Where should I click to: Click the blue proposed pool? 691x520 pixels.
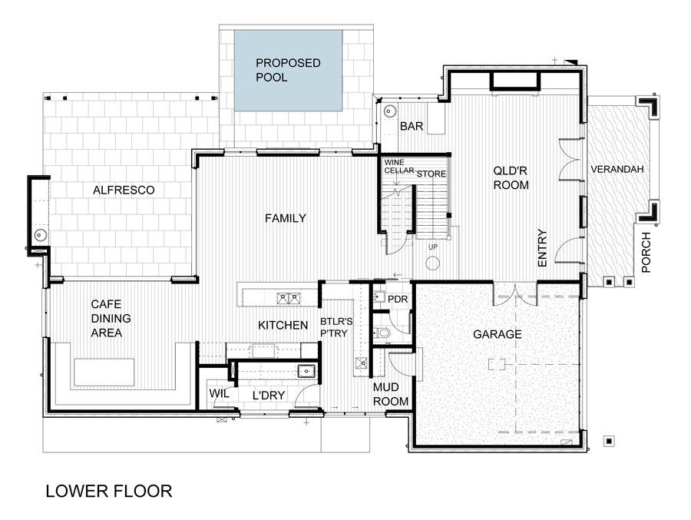(289, 71)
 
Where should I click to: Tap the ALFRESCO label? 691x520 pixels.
(124, 190)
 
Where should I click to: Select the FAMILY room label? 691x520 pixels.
(286, 218)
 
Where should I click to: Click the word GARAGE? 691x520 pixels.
(497, 334)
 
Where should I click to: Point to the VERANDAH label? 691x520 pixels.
(617, 169)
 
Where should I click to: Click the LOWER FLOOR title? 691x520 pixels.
(109, 491)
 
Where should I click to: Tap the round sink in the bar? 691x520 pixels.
(390, 111)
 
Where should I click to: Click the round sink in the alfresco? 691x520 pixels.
(41, 234)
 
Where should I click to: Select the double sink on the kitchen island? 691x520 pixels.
(289, 299)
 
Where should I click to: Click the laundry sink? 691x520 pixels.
(306, 371)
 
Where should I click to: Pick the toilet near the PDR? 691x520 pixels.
(382, 333)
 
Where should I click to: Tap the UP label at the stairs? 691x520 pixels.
(433, 247)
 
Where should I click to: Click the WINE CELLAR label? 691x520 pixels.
(398, 166)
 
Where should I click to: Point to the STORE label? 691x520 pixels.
(431, 174)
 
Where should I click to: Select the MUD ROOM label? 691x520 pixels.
(391, 394)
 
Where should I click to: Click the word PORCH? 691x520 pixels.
(646, 252)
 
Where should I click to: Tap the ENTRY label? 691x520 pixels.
(542, 248)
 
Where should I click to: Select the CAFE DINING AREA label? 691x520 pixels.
(111, 318)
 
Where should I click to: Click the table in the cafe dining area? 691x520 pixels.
(104, 373)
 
